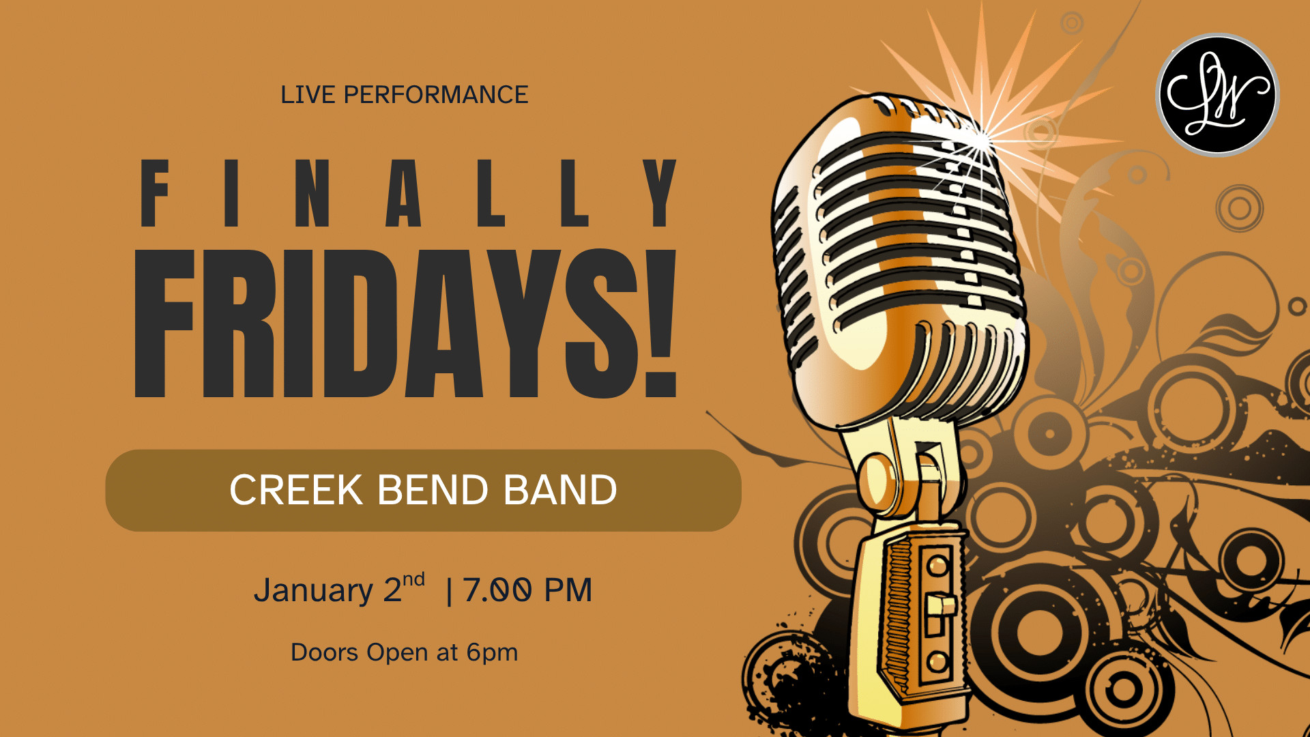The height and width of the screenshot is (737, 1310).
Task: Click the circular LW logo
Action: pos(1217,94)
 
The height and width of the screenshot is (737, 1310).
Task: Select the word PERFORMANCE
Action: pos(436,95)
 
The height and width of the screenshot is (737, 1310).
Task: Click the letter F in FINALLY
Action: pos(154,193)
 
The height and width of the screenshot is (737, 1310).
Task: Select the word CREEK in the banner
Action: pos(296,490)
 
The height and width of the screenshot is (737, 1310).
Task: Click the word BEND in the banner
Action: pos(433,490)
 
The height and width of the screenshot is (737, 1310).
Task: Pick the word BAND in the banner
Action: pos(560,490)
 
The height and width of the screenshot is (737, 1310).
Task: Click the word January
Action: pos(313,591)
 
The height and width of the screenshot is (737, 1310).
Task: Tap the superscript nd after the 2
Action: pos(413,580)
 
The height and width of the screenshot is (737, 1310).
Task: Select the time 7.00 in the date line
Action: pos(497,590)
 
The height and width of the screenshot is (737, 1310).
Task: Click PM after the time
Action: pos(568,590)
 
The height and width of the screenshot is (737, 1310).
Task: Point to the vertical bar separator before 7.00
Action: pos(449,591)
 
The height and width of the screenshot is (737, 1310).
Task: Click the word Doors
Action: pos(325,652)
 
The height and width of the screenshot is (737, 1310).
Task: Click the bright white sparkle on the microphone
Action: pos(981,140)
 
